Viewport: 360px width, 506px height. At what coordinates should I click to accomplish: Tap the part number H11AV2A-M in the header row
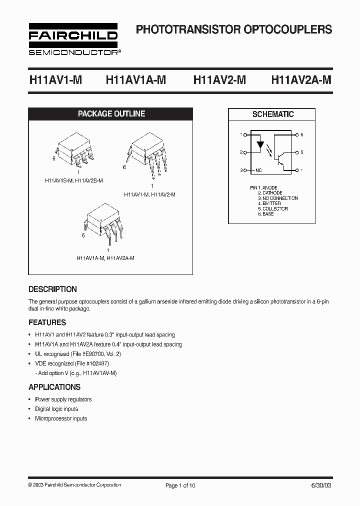pyautogui.click(x=301, y=80)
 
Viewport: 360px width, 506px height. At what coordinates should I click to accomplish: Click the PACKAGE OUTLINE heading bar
pyautogui.click(x=111, y=114)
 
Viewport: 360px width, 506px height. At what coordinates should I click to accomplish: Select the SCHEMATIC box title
pyautogui.click(x=272, y=114)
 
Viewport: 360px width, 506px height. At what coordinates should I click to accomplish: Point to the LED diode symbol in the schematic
pyautogui.click(x=260, y=146)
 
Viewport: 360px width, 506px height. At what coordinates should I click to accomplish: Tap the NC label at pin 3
pyautogui.click(x=258, y=170)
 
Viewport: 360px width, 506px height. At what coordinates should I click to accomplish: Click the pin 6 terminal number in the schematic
pyautogui.click(x=302, y=135)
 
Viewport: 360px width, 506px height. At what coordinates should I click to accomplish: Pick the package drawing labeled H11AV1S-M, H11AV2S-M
pyautogui.click(x=75, y=150)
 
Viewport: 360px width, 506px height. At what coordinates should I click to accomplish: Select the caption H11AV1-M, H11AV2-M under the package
pyautogui.click(x=149, y=194)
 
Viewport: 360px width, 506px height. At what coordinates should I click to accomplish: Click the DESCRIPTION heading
pyautogui.click(x=52, y=289)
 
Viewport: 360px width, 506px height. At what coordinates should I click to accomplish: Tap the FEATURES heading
pyautogui.click(x=47, y=322)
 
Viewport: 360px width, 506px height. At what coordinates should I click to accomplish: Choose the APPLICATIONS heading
pyautogui.click(x=54, y=387)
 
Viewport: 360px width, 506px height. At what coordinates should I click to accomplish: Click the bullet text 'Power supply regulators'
pyautogui.click(x=63, y=399)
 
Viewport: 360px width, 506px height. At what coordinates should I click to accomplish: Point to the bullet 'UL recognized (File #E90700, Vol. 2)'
pyautogui.click(x=78, y=354)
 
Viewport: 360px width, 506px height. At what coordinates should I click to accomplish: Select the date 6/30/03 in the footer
pyautogui.click(x=321, y=485)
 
